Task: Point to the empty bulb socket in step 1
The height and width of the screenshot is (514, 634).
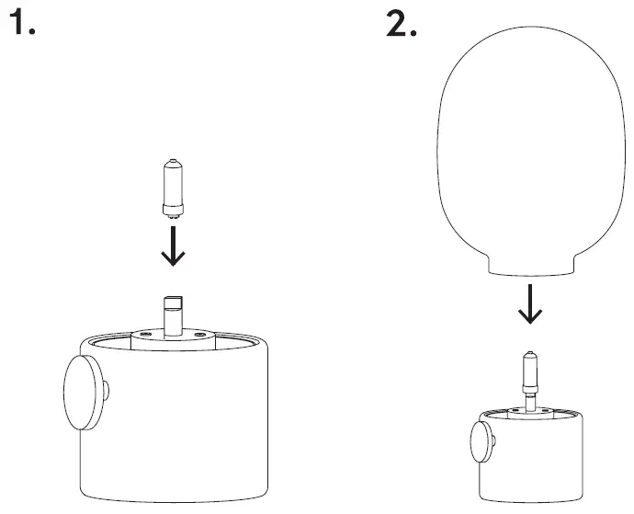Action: tap(172, 313)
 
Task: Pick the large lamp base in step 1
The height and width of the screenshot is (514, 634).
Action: tap(175, 423)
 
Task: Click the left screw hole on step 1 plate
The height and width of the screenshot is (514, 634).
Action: tap(145, 335)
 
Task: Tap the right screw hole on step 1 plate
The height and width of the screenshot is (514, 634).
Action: tap(199, 335)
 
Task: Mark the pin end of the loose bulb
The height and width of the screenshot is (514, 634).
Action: tap(172, 212)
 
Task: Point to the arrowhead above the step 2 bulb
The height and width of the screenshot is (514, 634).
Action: tap(529, 317)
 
